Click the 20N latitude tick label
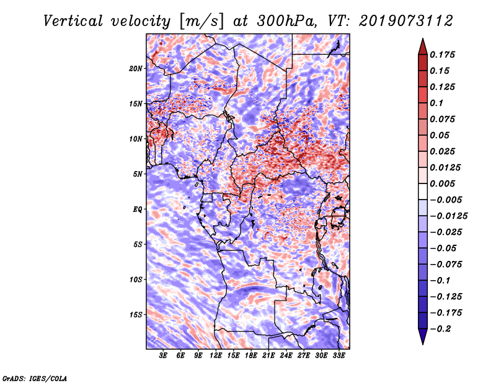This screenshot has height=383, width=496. (x=136, y=68)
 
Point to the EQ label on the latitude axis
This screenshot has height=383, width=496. (x=138, y=209)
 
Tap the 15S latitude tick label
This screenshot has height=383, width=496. (x=136, y=315)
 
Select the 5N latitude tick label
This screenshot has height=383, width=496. (x=138, y=174)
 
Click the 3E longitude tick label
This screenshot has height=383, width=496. (x=164, y=356)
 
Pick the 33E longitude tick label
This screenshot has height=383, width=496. (x=339, y=356)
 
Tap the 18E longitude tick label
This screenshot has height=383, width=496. (x=251, y=356)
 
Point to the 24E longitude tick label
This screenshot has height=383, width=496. (x=286, y=356)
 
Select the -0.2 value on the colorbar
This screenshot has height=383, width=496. (x=443, y=328)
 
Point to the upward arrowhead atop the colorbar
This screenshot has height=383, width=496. (x=422, y=45)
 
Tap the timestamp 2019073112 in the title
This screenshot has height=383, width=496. (x=397, y=20)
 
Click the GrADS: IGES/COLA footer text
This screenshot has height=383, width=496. (x=34, y=377)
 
